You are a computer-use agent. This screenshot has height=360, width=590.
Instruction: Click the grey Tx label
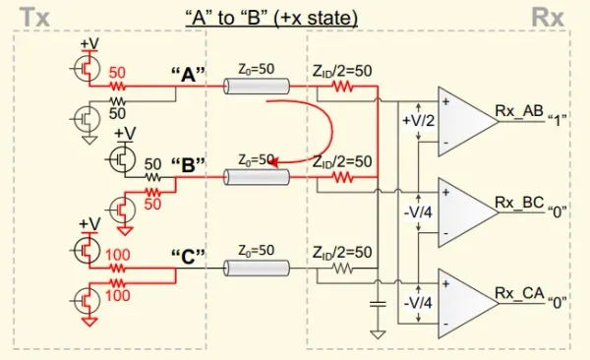point(34,18)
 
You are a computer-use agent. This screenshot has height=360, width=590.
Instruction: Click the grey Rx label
point(548,18)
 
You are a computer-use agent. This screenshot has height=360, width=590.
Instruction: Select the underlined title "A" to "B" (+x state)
point(271,18)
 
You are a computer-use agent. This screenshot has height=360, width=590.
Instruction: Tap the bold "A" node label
point(188,74)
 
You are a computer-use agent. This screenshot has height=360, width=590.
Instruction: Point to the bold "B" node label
point(188,165)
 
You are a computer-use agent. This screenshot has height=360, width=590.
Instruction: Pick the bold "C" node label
point(188,257)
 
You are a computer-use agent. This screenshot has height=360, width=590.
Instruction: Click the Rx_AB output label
point(519,111)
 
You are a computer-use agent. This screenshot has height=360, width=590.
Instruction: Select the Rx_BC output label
point(519,203)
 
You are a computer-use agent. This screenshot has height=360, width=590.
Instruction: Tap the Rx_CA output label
point(519,294)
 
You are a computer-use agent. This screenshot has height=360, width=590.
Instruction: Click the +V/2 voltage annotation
point(419,121)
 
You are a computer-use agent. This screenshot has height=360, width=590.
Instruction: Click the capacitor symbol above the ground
point(378,304)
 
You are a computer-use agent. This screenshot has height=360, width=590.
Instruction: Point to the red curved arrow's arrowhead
point(274,162)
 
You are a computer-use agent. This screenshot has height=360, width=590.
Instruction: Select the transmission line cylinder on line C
point(257,269)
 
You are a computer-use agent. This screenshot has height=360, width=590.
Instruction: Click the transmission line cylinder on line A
point(257,86)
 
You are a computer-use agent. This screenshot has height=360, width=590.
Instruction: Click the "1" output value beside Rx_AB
point(557,121)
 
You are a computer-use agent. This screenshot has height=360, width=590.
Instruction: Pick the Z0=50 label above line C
point(257,251)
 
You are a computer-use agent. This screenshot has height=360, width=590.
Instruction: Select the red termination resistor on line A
point(343,87)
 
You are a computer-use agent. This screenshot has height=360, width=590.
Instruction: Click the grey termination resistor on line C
point(343,269)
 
